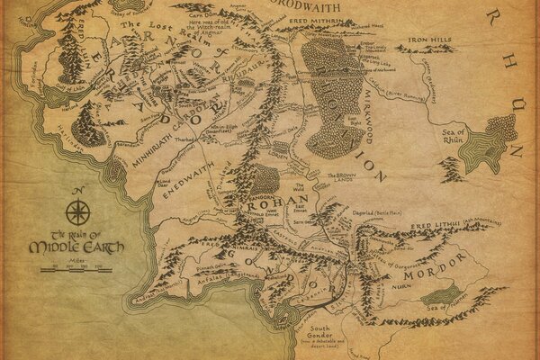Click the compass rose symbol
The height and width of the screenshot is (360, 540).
click(x=78, y=213)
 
